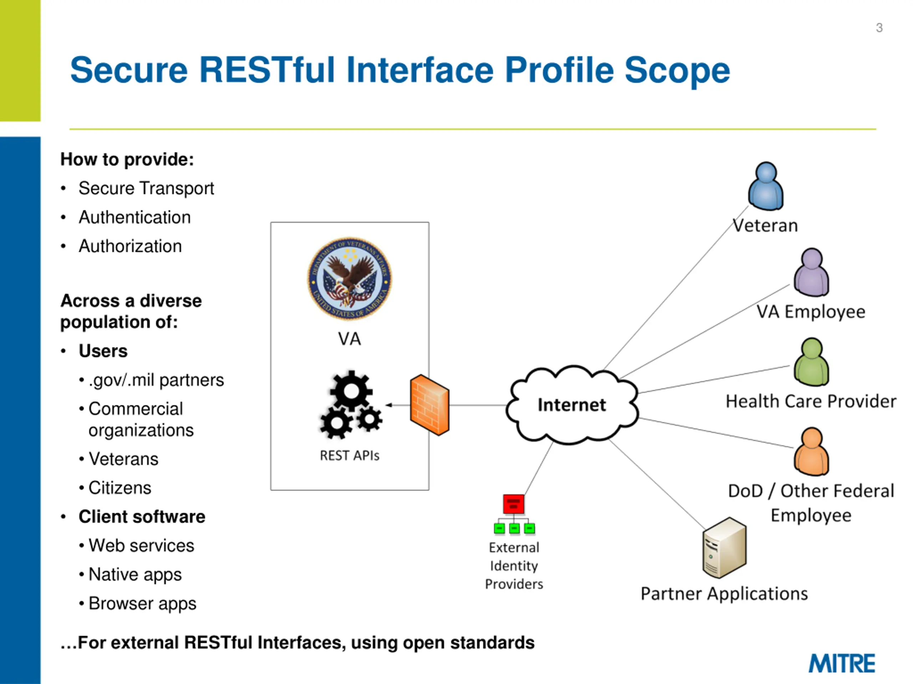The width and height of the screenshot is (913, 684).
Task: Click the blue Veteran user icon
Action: [766, 186]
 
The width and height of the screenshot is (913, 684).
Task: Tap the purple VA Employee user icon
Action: [811, 272]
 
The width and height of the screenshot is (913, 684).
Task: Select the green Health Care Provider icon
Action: [811, 362]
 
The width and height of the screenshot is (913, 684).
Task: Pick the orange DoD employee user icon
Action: [811, 451]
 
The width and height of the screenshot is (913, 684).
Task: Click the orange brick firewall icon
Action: [430, 405]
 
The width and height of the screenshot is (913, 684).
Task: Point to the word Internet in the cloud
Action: [572, 405]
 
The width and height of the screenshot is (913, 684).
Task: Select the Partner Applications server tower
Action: [724, 548]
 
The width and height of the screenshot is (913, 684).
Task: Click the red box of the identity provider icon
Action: [514, 504]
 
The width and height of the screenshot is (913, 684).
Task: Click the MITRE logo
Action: [842, 663]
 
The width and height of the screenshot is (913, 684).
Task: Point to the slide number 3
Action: [879, 28]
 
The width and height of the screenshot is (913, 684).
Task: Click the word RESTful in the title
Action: [267, 70]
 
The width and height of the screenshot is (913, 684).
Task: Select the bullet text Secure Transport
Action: [146, 188]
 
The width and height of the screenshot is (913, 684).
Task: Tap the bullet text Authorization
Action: [130, 246]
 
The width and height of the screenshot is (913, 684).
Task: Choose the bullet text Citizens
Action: [120, 488]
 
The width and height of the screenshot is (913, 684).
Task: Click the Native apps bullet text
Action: [135, 575]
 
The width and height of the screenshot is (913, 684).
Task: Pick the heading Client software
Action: [142, 517]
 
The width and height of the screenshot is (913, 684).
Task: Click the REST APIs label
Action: [350, 456]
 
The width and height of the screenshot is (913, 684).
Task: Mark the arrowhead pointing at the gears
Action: [388, 405]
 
